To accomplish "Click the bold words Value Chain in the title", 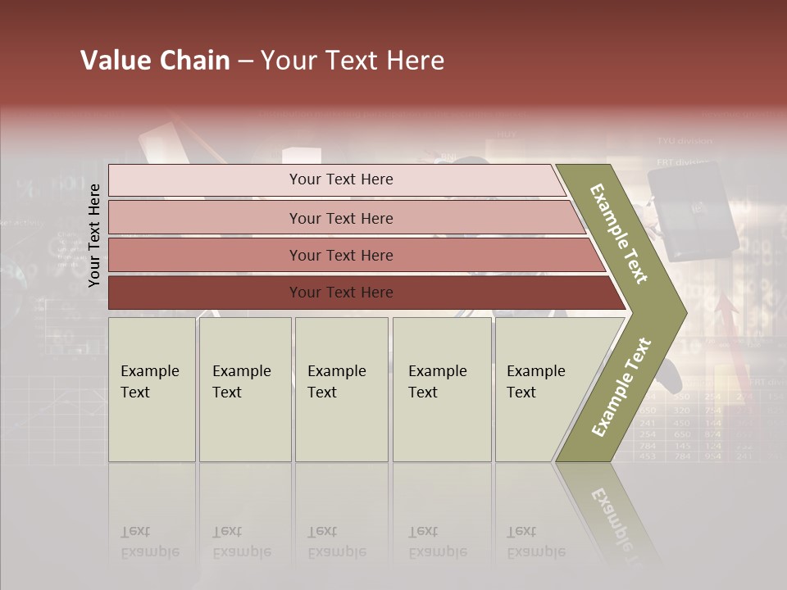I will [155, 61].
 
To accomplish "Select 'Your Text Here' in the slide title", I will [353, 61].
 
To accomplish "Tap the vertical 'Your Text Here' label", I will [94, 235].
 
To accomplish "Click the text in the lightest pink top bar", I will [341, 179].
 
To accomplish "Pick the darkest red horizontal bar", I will [341, 293].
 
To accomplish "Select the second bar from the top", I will [341, 218].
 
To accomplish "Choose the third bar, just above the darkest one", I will [341, 255].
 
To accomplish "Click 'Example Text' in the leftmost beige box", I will [149, 382].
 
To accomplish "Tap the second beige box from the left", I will [244, 389].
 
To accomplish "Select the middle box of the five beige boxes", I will [341, 389].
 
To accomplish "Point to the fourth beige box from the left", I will [441, 389].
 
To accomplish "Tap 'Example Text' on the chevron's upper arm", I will [619, 234].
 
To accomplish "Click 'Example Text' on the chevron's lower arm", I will [621, 388].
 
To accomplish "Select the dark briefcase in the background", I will [692, 210].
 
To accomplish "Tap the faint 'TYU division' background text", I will [684, 141].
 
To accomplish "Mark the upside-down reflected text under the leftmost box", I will [149, 542].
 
